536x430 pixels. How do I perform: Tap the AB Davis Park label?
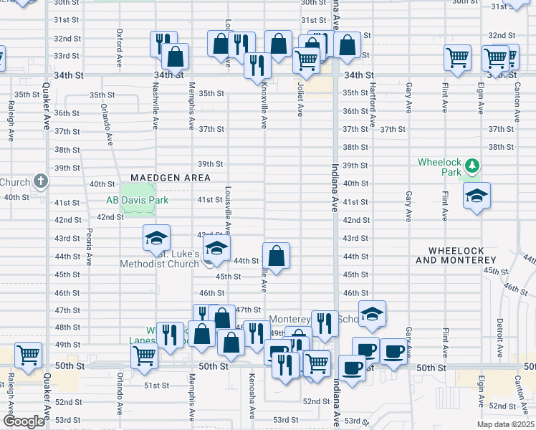point(137,200)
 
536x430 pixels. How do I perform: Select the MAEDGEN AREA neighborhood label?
point(170,178)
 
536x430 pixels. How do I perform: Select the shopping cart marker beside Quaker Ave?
point(28,355)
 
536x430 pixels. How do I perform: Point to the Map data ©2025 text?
point(505,424)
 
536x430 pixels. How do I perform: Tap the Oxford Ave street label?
point(120,45)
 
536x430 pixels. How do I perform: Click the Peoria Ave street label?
point(90,246)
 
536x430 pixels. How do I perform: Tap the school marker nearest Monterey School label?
point(372,313)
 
